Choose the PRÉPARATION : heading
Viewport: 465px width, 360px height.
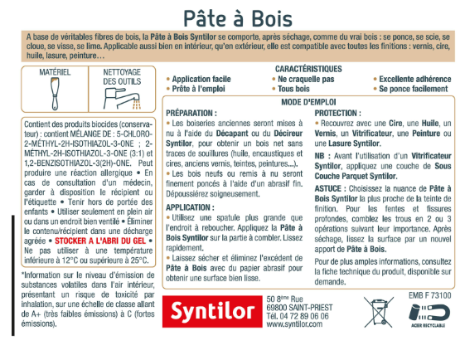point(191,111)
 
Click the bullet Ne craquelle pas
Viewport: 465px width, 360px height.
point(305,79)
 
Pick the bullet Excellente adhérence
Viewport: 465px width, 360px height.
point(412,79)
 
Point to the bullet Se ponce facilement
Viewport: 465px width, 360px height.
point(414,88)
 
